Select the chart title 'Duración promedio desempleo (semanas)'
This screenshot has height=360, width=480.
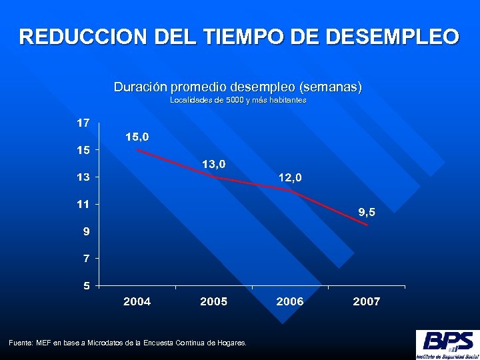(x=238, y=87)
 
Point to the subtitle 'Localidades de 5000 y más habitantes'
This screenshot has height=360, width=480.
(x=238, y=100)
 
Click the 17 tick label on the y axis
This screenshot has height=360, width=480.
(x=83, y=123)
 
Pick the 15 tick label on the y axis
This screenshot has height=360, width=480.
(x=83, y=150)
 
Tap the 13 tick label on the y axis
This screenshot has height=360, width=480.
(x=83, y=177)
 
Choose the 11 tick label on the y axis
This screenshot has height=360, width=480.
(x=83, y=204)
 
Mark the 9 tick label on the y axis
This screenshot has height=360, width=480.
(x=86, y=231)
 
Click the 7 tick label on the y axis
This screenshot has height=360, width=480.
(x=86, y=258)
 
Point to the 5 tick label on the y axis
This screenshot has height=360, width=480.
(x=86, y=285)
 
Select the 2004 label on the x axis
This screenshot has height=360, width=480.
(x=137, y=301)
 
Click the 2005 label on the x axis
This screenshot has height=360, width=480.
(x=213, y=301)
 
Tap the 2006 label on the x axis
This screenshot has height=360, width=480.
(x=290, y=301)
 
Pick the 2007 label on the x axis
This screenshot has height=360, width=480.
(x=367, y=301)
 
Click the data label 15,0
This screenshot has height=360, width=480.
(x=137, y=137)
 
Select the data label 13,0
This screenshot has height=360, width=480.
(x=213, y=163)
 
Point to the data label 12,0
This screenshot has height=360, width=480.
(x=290, y=177)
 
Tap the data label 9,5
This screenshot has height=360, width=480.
(x=367, y=212)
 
